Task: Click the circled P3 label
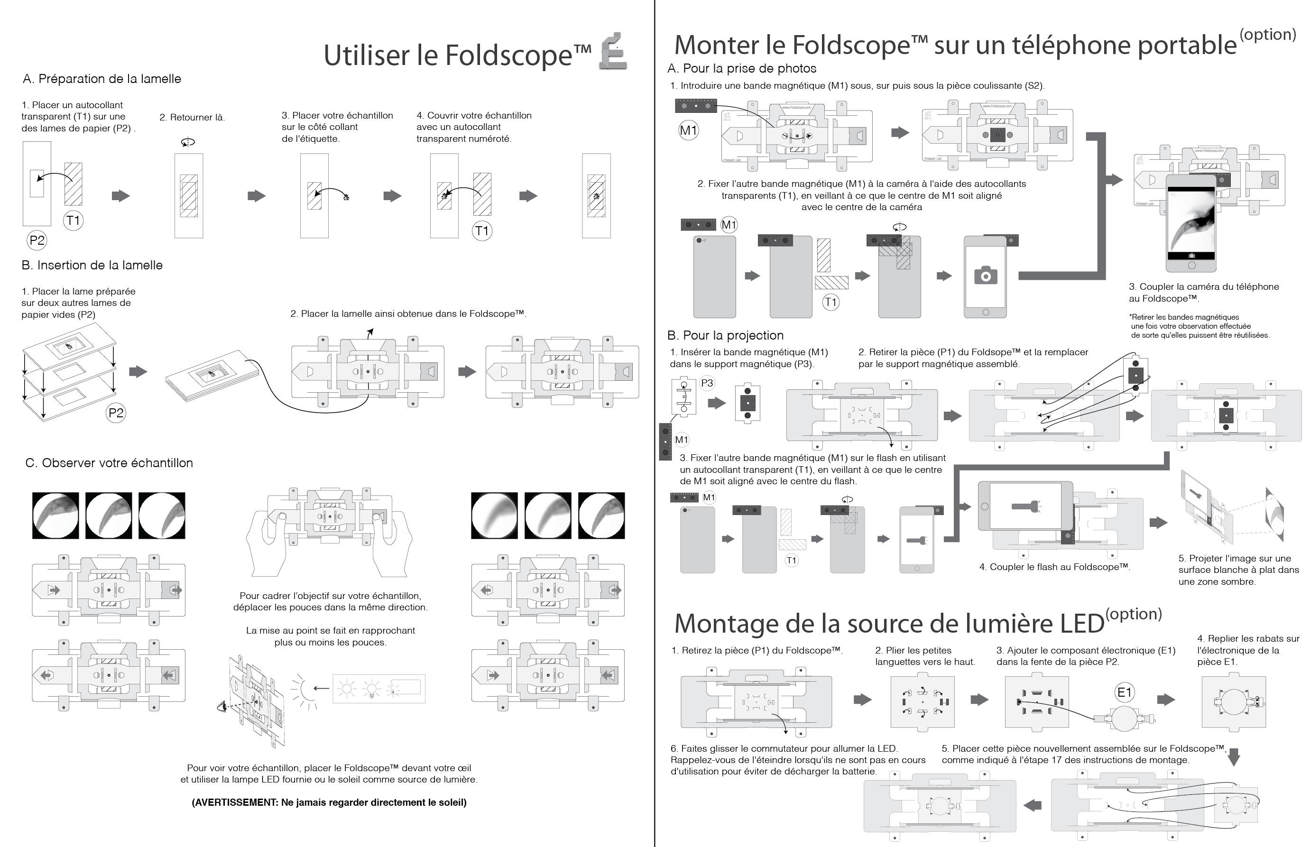pos(707,383)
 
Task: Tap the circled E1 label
pos(1124,692)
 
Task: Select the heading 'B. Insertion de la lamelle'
pos(92,265)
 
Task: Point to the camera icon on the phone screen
pos(986,276)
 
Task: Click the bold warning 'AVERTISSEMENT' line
pos(329,802)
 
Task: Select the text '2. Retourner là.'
pos(192,117)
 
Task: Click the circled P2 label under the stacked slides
pos(116,413)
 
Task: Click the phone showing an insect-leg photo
pos(1191,223)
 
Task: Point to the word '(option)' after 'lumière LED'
pos(1133,614)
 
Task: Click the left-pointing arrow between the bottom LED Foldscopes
pos(1032,805)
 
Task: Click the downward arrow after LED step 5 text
pos(1234,757)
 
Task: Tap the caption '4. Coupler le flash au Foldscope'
pos(1054,567)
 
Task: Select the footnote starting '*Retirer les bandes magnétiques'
pos(1199,326)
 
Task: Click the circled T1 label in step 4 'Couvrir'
pos(482,231)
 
